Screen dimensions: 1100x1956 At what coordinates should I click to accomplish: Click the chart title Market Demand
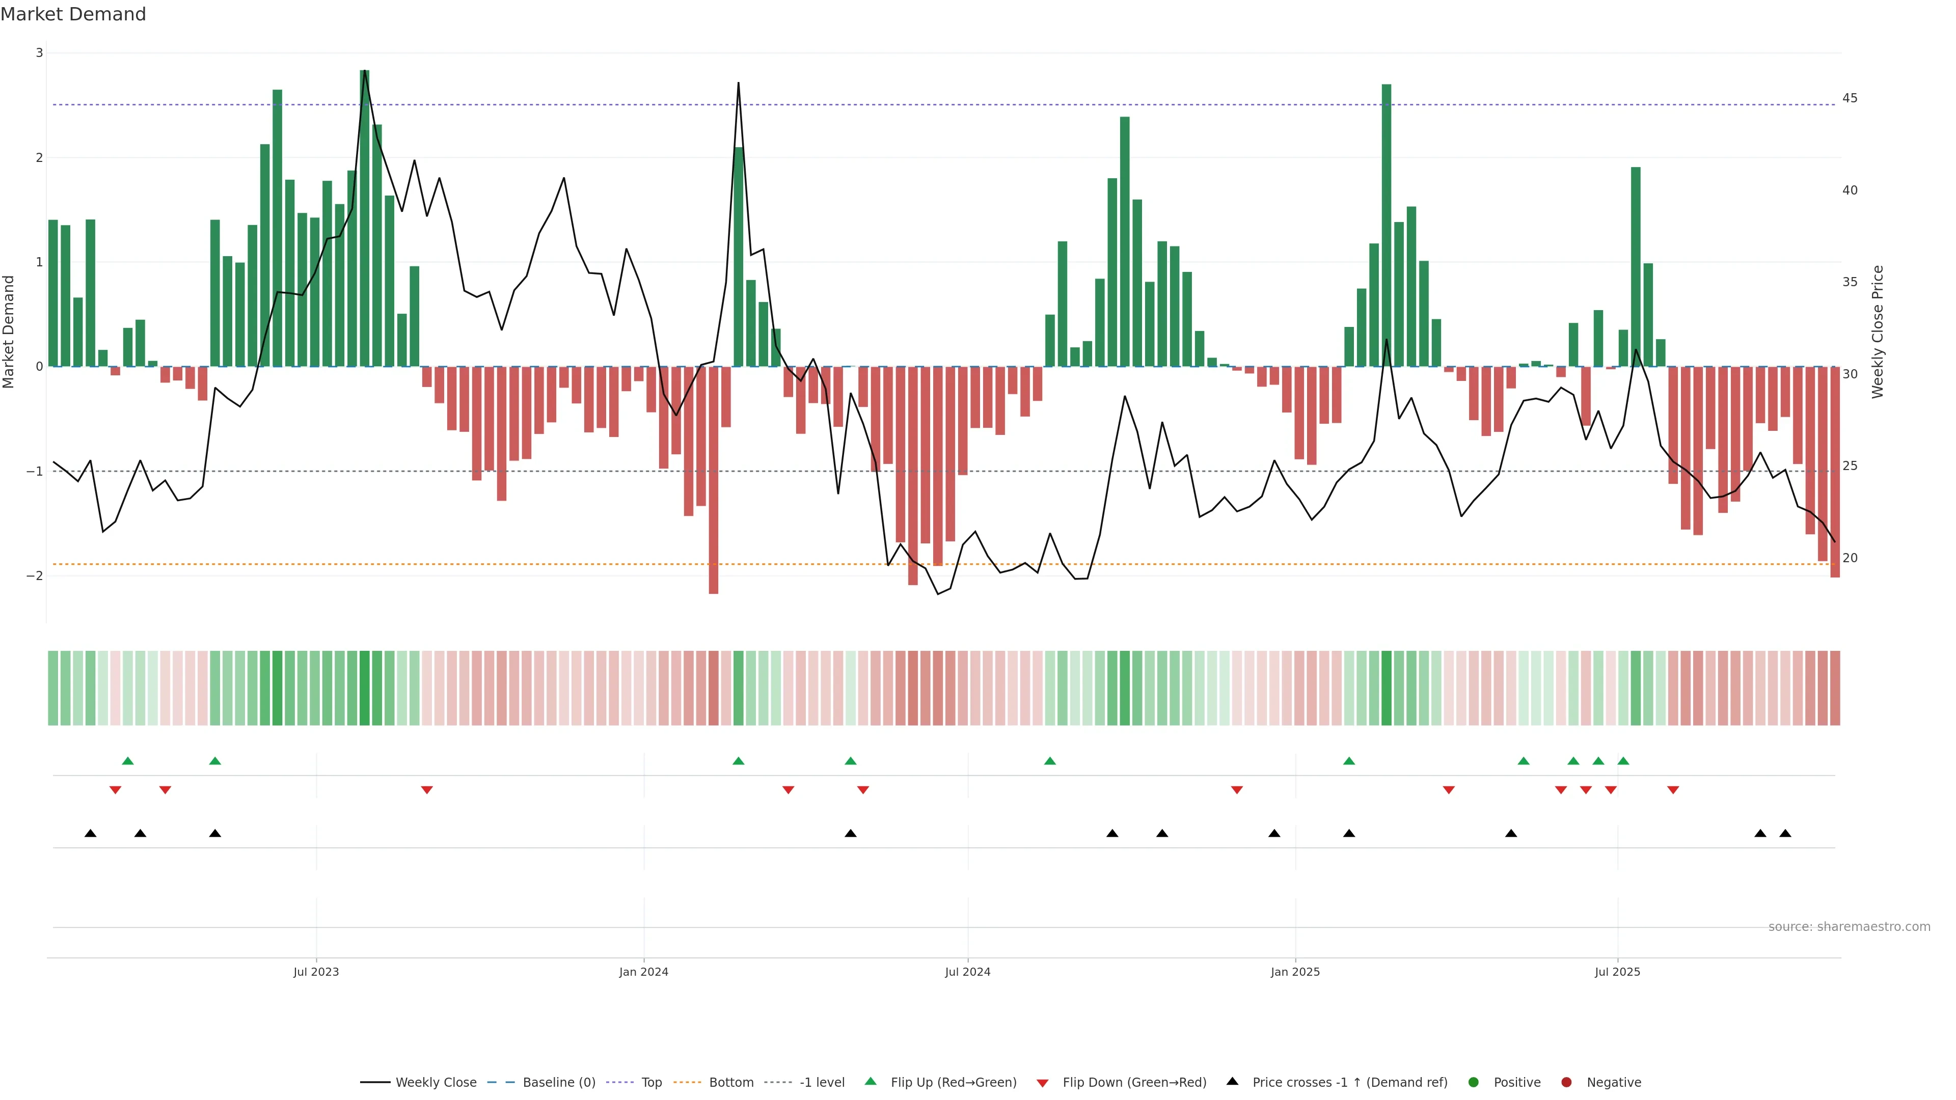[73, 14]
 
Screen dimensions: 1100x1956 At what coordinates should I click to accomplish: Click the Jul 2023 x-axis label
[316, 972]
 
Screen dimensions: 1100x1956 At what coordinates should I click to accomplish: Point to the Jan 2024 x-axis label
[643, 972]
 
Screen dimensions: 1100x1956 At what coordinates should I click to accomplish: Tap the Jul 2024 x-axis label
[967, 972]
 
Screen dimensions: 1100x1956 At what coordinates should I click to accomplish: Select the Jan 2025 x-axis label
[1295, 972]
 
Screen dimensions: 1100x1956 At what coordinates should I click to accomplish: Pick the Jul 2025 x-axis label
[1617, 972]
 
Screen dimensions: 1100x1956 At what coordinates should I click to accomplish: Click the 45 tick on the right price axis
[1850, 98]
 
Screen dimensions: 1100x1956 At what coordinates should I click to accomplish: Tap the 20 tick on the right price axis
[1850, 558]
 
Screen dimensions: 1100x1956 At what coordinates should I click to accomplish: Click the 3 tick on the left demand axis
[40, 52]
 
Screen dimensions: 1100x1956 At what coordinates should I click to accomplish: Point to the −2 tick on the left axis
[35, 575]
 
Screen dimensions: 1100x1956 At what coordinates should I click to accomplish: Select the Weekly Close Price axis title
[1878, 332]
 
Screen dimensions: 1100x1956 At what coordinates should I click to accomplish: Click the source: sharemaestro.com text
[1849, 927]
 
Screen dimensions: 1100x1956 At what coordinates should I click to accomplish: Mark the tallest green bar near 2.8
[365, 220]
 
